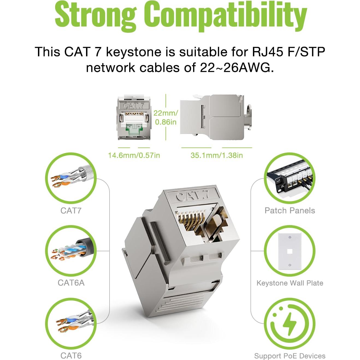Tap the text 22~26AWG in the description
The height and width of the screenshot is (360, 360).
click(x=237, y=68)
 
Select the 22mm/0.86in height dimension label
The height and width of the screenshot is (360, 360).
click(x=166, y=117)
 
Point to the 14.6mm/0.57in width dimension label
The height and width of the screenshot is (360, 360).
click(x=134, y=155)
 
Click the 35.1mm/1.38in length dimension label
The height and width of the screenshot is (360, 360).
click(x=217, y=155)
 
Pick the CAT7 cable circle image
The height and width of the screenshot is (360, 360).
click(x=71, y=178)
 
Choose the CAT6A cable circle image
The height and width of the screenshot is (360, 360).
click(x=71, y=250)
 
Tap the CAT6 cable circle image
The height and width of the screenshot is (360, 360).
click(x=71, y=323)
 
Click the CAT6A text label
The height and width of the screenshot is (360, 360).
click(x=71, y=283)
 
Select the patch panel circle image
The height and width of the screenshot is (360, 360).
click(x=290, y=178)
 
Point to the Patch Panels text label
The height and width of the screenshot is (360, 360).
click(x=290, y=211)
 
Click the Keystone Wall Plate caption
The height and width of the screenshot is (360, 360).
click(x=290, y=283)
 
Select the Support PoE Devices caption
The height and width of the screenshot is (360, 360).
click(x=290, y=356)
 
